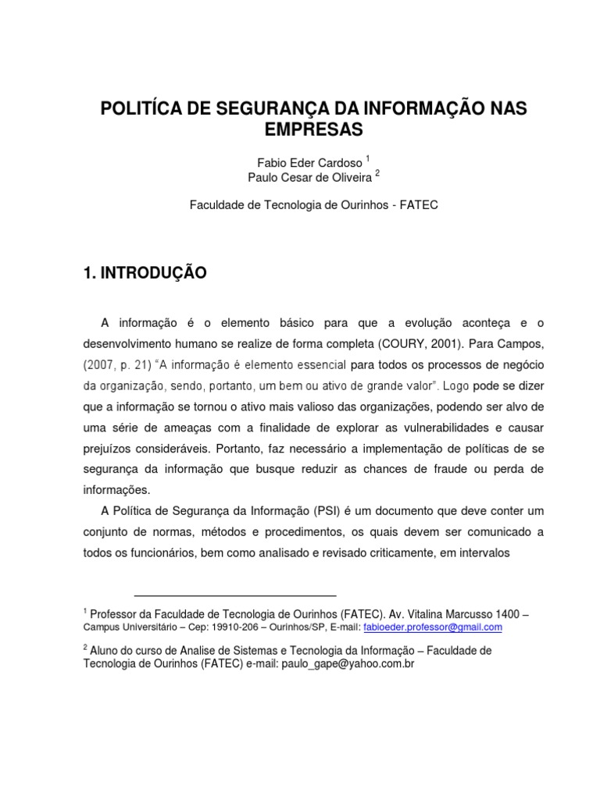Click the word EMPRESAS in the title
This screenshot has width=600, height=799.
click(x=313, y=129)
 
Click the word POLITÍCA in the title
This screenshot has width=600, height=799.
click(x=144, y=108)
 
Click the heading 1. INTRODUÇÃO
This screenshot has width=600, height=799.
click(x=145, y=272)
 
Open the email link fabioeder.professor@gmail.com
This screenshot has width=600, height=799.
click(x=433, y=627)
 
